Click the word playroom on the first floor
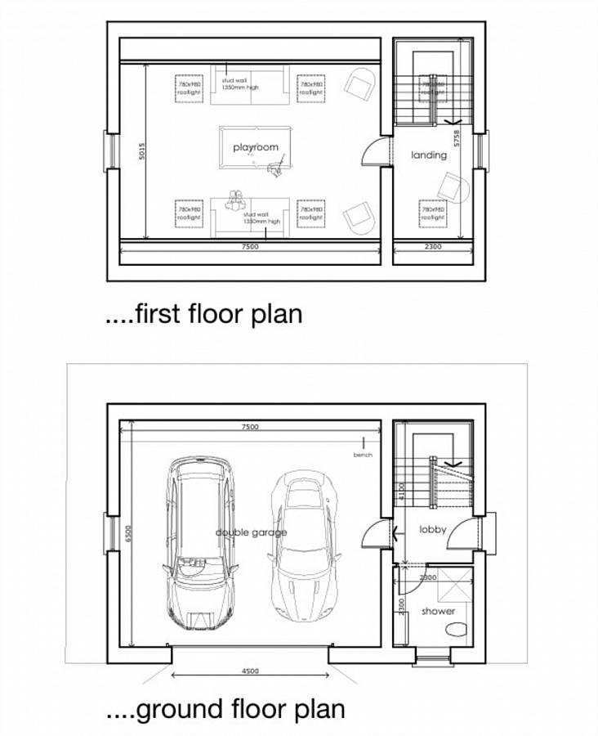click(256, 147)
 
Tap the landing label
click(429, 155)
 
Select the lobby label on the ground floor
click(433, 530)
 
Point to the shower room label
click(438, 611)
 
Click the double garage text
click(251, 532)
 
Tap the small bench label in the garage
click(363, 455)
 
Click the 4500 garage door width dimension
click(251, 671)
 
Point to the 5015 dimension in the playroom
click(142, 151)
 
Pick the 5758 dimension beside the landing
click(457, 137)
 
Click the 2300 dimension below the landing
click(433, 245)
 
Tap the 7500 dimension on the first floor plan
click(251, 245)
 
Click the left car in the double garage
click(199, 544)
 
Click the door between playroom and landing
click(372, 151)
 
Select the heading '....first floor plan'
click(204, 313)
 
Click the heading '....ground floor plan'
click(225, 708)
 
